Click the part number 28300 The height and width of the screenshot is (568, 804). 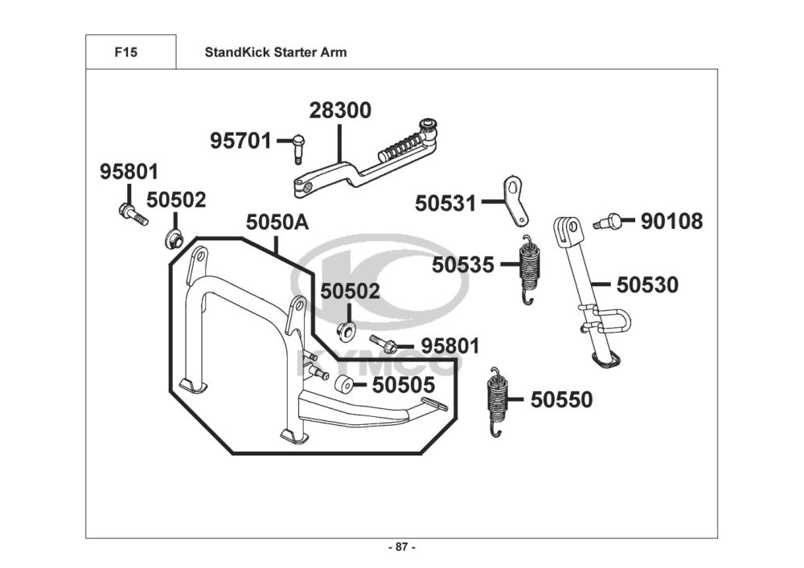(x=340, y=111)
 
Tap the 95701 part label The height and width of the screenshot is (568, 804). (x=240, y=141)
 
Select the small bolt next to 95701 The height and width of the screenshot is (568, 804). (x=299, y=149)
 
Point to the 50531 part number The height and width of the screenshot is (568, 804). (x=445, y=203)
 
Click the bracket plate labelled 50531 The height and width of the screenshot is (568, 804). (x=515, y=200)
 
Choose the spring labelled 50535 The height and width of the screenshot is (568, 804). (x=529, y=269)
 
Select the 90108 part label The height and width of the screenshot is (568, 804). (x=671, y=221)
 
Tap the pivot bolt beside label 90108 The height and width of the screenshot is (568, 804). (x=608, y=222)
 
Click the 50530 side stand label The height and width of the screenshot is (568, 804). (x=647, y=284)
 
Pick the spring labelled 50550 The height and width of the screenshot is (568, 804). (x=495, y=402)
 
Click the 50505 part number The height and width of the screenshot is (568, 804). (x=404, y=385)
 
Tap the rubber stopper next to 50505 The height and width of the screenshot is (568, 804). (x=343, y=385)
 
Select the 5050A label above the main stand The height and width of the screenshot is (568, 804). (x=277, y=223)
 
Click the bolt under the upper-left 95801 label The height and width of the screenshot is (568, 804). (x=133, y=215)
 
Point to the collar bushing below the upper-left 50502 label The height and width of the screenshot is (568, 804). (x=174, y=239)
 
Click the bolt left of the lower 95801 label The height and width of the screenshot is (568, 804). (x=383, y=343)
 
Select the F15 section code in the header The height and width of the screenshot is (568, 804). (x=126, y=52)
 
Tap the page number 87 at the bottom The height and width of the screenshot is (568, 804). (x=402, y=547)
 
